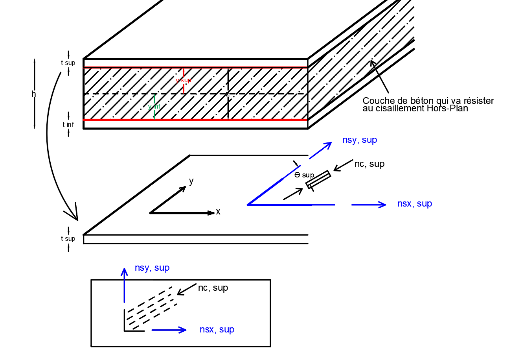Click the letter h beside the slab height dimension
pos(33,94)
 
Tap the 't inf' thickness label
pos(68,125)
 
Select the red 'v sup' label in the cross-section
pos(183,80)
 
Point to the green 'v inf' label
pos(154,107)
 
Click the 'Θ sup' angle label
pos(304,175)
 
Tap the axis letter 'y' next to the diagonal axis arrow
pos(191,181)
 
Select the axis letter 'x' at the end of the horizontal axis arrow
pos(218,212)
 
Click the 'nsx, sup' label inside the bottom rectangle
pos(217,330)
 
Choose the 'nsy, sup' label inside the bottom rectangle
pos(152,268)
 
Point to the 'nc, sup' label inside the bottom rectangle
pos(213,288)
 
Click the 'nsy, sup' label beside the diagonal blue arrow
pos(359,140)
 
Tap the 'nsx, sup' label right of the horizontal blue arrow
pos(414,204)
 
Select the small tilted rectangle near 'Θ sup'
pos(318,179)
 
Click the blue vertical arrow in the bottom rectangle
pos(124,285)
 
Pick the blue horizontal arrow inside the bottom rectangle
pos(169,330)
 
